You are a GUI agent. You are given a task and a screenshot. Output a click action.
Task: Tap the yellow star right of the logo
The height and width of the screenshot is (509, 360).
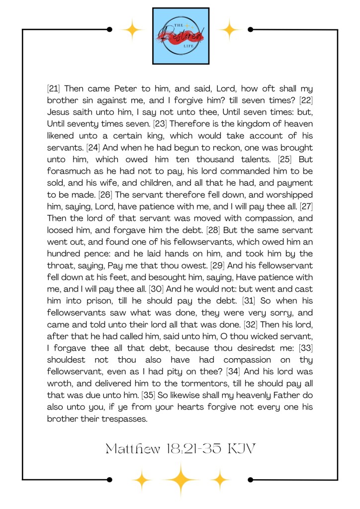[x=230, y=30]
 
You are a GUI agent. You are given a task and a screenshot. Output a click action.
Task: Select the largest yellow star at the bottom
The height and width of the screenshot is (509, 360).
[x=181, y=480]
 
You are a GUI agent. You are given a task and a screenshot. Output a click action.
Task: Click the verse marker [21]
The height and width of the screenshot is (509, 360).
[x=53, y=89]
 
